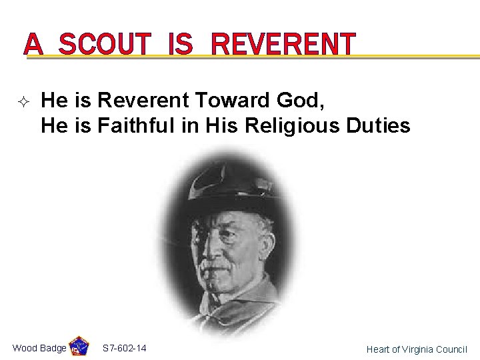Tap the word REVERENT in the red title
[x=283, y=44]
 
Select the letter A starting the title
[x=34, y=44]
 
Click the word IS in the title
[x=180, y=44]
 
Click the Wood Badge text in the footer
[x=39, y=348]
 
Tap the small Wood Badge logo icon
[x=79, y=347]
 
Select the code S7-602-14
[x=125, y=348]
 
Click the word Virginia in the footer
[x=415, y=349]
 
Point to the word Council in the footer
[x=452, y=349]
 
